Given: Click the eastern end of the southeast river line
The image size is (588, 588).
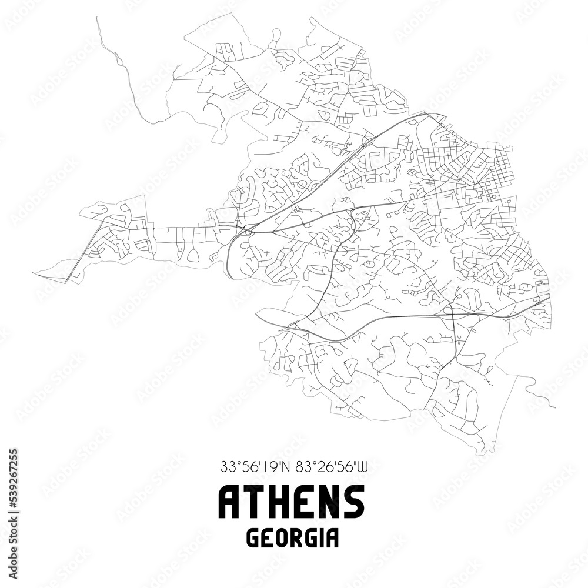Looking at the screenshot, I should point(555,407).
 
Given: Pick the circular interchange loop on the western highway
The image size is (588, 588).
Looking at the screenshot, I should point(248,232).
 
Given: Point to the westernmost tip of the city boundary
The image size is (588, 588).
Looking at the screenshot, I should point(34,273).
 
